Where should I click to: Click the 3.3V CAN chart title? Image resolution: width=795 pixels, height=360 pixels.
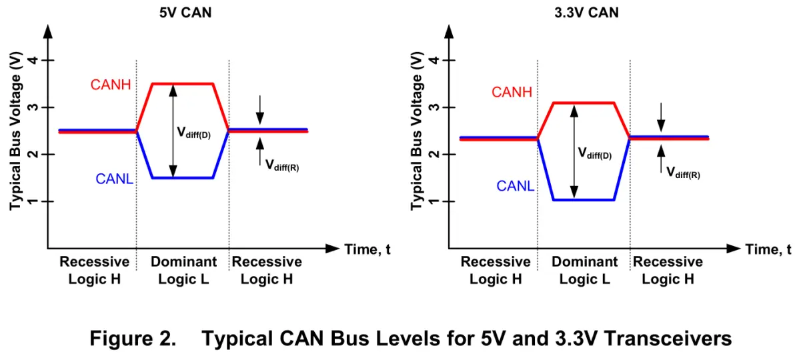pos(586,12)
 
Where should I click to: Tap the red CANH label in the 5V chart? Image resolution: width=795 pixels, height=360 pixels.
pos(111,85)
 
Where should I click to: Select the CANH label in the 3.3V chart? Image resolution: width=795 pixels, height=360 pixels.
pos(512,93)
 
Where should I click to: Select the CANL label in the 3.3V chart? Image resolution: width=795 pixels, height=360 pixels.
pos(515,187)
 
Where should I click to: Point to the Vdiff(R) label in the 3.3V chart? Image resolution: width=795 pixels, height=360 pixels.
pos(683,173)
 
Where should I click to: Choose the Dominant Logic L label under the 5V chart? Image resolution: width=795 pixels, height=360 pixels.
pos(183,270)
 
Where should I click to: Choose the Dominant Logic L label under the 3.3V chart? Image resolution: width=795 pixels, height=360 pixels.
pos(584,270)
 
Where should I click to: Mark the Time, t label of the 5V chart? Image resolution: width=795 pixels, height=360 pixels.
pos(367,250)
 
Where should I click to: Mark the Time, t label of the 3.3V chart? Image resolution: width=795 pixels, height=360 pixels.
pos(768,250)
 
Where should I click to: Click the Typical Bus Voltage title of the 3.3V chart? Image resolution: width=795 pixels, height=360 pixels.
pos(418,131)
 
